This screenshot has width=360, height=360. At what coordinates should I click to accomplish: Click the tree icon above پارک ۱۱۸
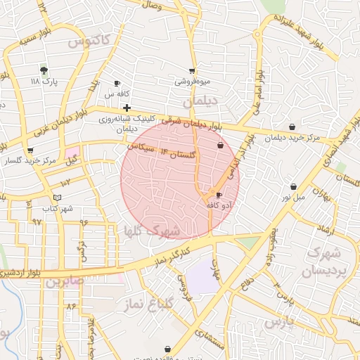(x=44, y=70)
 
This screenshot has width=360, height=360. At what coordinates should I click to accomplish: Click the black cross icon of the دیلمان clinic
(x=127, y=108)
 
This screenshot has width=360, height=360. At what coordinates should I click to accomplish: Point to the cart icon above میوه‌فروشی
(x=192, y=71)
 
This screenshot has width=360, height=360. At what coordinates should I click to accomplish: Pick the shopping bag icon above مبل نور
(x=293, y=187)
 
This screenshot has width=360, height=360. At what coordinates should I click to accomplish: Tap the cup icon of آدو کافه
(x=218, y=195)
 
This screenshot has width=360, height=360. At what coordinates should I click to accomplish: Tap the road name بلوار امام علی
(x=257, y=91)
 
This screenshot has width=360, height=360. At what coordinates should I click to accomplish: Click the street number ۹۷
(x=37, y=221)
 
